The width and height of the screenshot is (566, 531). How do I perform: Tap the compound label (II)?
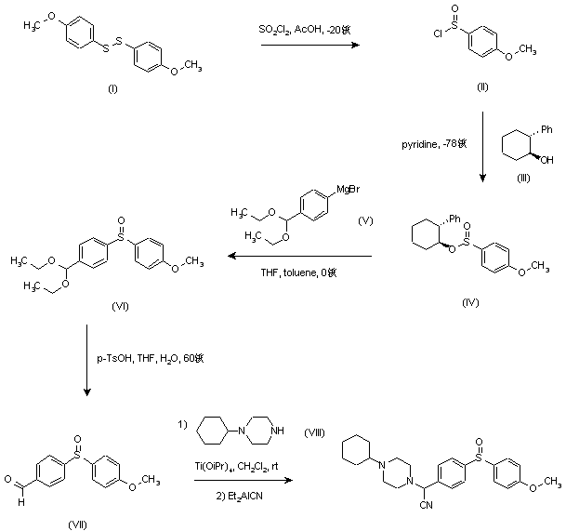pyautogui.click(x=484, y=86)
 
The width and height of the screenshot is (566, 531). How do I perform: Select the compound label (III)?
pyautogui.click(x=524, y=178)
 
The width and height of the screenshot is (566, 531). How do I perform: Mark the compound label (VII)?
pyautogui.click(x=78, y=524)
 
